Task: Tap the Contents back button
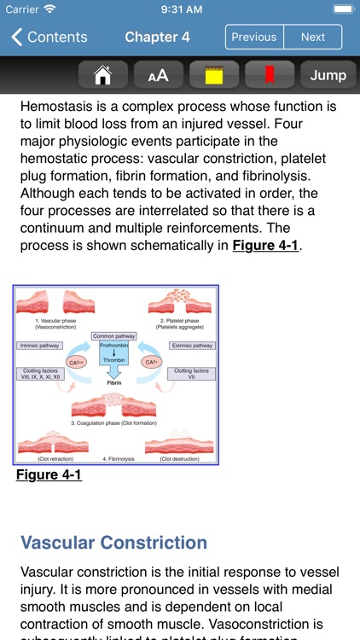coord(49,37)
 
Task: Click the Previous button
coord(253,37)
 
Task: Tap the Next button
coord(312,37)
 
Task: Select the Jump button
coord(328,75)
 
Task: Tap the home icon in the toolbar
coord(102,75)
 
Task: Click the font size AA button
coord(158,75)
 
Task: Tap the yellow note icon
coord(213,75)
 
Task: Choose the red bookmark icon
coord(270,75)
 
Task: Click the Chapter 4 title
coord(156,37)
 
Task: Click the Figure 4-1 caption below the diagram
coord(49,474)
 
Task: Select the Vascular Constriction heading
coord(113,543)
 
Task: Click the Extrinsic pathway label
coord(191,346)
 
